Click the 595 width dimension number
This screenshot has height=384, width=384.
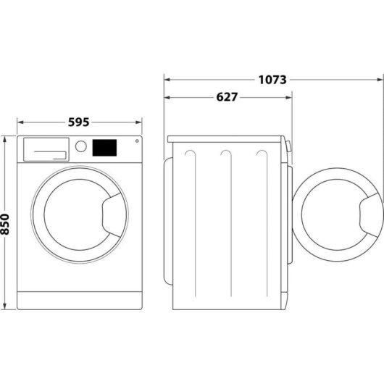click(x=79, y=122)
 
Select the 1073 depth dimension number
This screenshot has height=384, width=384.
click(x=272, y=79)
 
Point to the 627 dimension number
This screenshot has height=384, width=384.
click(x=227, y=96)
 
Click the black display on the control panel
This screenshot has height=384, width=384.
click(x=104, y=147)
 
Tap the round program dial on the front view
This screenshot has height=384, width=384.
click(x=81, y=146)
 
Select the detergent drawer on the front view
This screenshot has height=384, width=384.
click(x=45, y=149)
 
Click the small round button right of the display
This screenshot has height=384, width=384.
click(x=135, y=141)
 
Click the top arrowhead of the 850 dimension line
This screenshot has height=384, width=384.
click(x=6, y=138)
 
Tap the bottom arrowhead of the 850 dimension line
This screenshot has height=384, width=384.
click(x=6, y=306)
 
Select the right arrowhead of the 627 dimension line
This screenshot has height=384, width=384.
click(x=290, y=96)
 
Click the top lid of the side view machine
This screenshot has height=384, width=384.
click(x=226, y=138)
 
